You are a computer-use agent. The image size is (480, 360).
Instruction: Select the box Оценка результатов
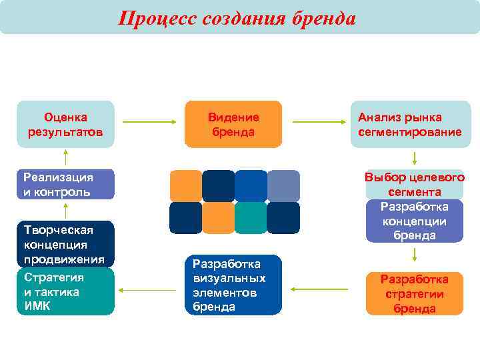[65, 124]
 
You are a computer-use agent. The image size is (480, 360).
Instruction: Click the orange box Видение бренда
[233, 124]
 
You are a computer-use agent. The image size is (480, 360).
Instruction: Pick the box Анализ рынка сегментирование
[409, 124]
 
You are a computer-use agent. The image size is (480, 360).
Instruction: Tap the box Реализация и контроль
[65, 185]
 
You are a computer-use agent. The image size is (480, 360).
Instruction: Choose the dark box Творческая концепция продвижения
[65, 244]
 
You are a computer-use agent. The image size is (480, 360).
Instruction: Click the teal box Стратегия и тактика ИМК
[65, 291]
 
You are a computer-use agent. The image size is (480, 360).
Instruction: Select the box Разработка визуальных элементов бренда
[233, 285]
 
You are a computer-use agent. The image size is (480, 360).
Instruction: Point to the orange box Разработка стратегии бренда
[414, 293]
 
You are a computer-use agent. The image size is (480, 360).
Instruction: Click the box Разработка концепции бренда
[414, 221]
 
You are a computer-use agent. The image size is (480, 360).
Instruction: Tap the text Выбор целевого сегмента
[414, 184]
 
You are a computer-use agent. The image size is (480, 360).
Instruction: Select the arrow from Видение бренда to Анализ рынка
[319, 122]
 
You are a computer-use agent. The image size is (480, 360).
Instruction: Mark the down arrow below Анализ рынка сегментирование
[415, 158]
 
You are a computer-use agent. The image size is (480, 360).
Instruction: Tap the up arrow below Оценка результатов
[65, 157]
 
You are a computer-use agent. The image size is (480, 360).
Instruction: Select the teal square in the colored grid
[251, 218]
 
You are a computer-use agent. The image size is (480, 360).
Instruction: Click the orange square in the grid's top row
[185, 186]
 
